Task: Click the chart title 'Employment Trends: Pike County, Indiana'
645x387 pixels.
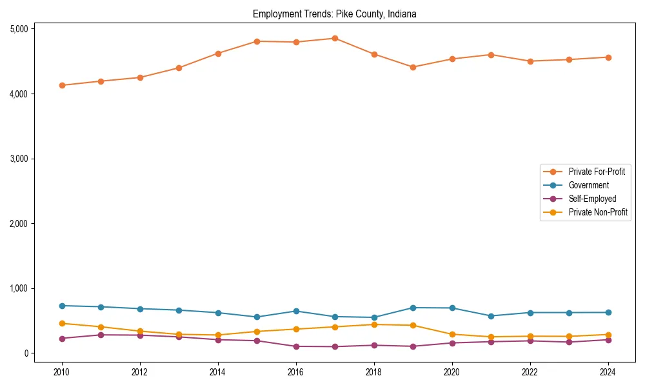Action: coord(335,14)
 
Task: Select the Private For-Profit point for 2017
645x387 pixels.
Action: coord(335,38)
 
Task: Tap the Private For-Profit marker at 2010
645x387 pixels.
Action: coord(62,85)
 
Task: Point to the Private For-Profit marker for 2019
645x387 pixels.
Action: coord(413,67)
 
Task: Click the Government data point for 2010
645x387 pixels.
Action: coord(62,306)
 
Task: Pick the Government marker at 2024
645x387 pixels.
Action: coord(608,312)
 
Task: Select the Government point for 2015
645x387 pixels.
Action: coord(257,317)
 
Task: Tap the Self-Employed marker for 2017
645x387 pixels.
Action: coord(335,346)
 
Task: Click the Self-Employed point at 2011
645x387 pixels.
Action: coord(101,335)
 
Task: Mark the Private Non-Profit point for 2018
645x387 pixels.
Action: coord(374,324)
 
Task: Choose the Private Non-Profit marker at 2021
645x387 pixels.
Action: coord(491,337)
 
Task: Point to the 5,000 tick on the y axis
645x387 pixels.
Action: coord(19,29)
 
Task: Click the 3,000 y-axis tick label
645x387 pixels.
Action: coord(19,159)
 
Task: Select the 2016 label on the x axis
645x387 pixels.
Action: coord(296,372)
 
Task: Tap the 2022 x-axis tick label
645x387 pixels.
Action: coord(530,372)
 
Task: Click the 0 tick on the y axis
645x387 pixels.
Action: coord(26,353)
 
